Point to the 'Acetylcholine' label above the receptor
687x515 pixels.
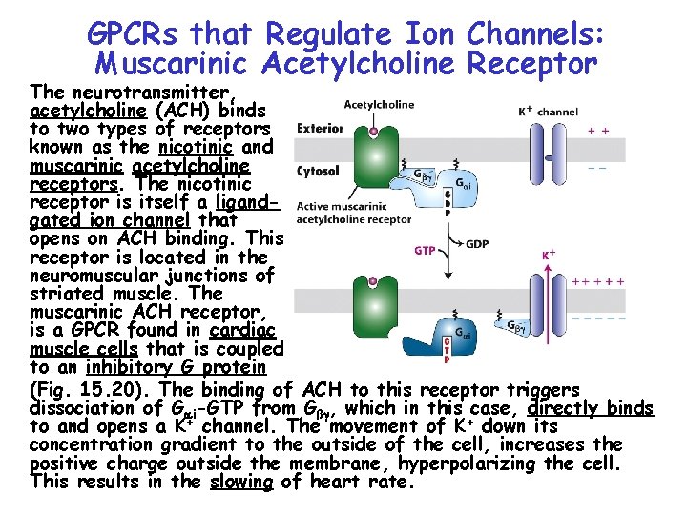click(x=379, y=105)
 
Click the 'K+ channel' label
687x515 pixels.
click(x=547, y=112)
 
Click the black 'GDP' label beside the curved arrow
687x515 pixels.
click(x=477, y=243)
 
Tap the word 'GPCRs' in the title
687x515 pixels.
click(x=135, y=34)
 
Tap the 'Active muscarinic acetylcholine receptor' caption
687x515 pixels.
click(x=354, y=213)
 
